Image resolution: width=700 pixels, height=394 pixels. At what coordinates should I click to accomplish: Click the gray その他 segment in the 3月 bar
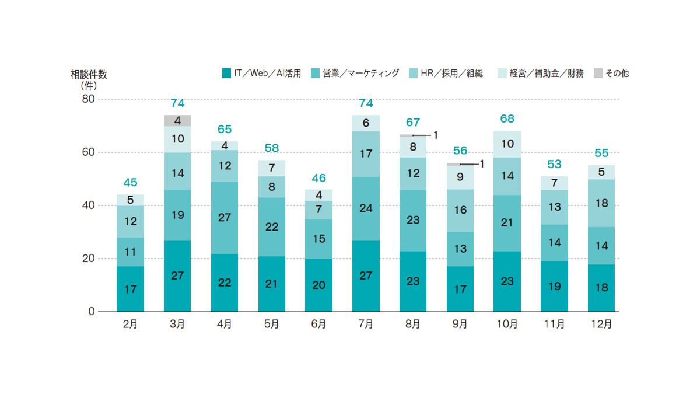click(x=177, y=121)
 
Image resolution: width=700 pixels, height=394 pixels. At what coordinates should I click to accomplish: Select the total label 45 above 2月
click(x=130, y=183)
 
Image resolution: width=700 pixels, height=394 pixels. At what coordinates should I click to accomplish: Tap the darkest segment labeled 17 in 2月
click(x=130, y=289)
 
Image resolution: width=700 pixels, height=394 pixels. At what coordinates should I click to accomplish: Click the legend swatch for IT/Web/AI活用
click(x=226, y=74)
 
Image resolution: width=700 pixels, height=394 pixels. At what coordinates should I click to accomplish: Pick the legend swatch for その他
click(x=598, y=74)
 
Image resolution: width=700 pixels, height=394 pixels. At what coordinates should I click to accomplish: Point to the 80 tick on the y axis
click(x=88, y=99)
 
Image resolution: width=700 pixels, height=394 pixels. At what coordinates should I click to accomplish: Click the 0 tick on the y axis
click(x=92, y=312)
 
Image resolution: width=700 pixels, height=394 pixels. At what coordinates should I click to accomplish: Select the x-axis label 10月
click(x=507, y=325)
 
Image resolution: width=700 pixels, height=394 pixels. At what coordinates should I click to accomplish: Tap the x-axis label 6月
click(x=318, y=325)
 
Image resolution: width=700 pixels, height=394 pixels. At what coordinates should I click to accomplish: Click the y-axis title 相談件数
click(x=89, y=75)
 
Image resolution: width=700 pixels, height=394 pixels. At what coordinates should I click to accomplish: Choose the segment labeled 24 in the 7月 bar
click(x=366, y=208)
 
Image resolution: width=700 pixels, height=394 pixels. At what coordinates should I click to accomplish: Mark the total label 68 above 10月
click(x=507, y=119)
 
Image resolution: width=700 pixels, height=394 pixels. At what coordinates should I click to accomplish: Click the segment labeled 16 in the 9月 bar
click(x=460, y=211)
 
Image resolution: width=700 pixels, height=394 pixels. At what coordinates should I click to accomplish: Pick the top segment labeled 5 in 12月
click(x=601, y=172)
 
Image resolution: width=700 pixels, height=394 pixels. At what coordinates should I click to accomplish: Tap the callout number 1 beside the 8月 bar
click(x=435, y=135)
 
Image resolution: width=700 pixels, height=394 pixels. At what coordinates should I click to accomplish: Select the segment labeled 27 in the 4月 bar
click(x=225, y=218)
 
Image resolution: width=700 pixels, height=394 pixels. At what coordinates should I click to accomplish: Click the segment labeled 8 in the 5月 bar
click(x=271, y=187)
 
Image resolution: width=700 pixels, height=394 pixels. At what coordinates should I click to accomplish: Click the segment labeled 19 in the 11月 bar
click(x=554, y=286)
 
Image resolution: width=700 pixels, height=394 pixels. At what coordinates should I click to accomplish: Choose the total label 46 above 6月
click(x=318, y=178)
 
